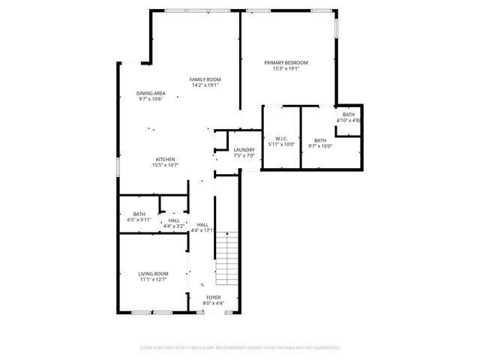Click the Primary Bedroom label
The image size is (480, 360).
click(286, 62)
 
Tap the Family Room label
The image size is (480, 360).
click(204, 79)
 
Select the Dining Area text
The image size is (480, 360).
click(150, 93)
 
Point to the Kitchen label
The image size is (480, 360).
click(165, 159)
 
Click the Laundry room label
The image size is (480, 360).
click(244, 150)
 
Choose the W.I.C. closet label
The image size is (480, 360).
click(281, 139)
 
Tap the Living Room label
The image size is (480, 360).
click(152, 274)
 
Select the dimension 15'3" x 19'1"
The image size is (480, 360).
click(286, 68)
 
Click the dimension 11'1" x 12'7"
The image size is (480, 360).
click(152, 280)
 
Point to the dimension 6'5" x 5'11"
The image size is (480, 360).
click(139, 220)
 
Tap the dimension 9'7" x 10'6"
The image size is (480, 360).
click(150, 99)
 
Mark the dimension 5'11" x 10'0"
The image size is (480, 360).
click(281, 145)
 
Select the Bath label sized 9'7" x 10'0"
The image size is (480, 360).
click(320, 140)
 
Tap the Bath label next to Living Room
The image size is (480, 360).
click(139, 214)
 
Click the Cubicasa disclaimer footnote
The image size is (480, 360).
click(240, 348)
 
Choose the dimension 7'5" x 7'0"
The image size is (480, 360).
click(244, 156)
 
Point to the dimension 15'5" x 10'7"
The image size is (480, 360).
click(165, 165)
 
